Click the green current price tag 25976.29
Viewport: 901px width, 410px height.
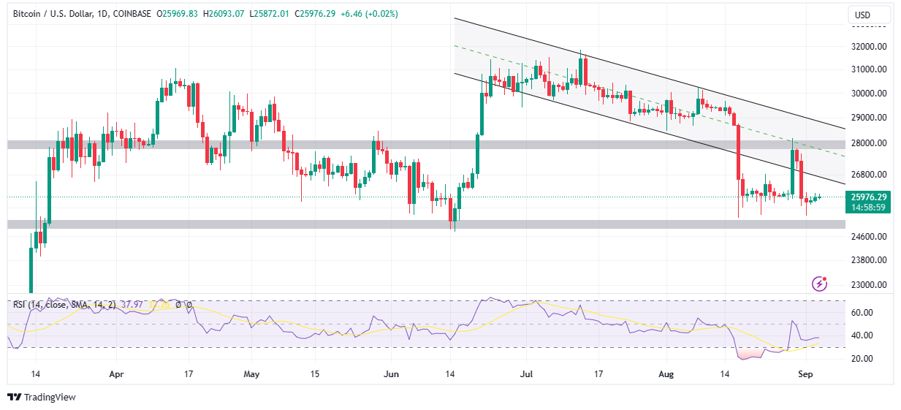coord(868,197)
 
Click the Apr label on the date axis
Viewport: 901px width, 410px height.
coord(116,373)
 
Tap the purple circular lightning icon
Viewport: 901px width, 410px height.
coord(820,284)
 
